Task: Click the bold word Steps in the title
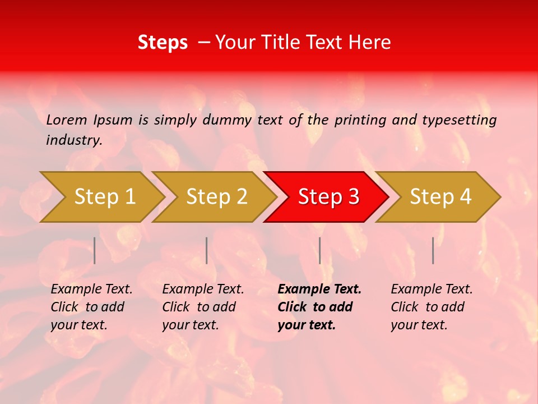pyautogui.click(x=163, y=43)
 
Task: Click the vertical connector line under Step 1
pyautogui.click(x=95, y=250)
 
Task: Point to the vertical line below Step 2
pyautogui.click(x=207, y=250)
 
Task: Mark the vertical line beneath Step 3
pyautogui.click(x=319, y=250)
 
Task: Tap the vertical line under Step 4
pyautogui.click(x=433, y=250)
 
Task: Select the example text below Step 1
pyautogui.click(x=91, y=307)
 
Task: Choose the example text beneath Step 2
pyautogui.click(x=203, y=307)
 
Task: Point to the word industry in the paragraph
pyautogui.click(x=74, y=140)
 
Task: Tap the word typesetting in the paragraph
pyautogui.click(x=459, y=120)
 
